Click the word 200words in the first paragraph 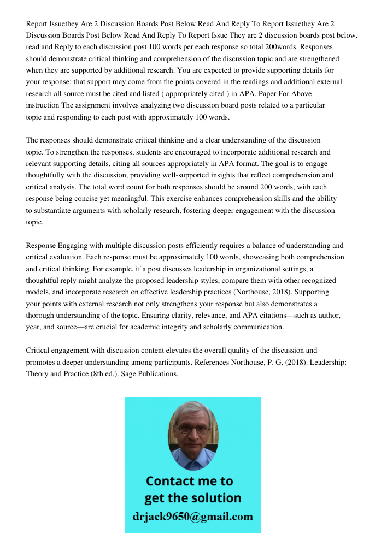(x=241, y=47)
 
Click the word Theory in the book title (x=37, y=374)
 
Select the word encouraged (x=186, y=152)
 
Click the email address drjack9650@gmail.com (x=193, y=517)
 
